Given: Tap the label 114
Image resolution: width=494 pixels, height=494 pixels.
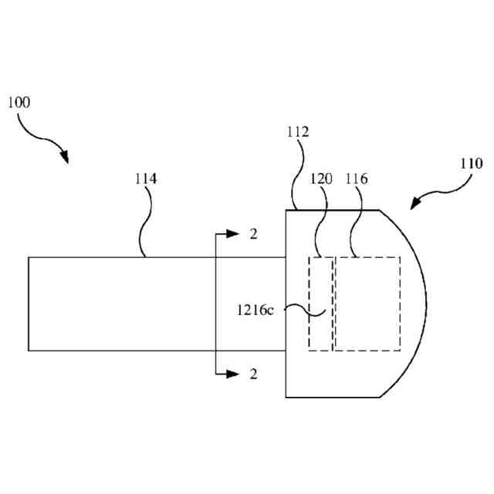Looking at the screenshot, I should coord(145,179).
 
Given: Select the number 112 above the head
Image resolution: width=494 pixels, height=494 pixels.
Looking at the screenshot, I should coord(297,132).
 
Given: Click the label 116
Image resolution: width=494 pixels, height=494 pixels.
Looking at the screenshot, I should coord(356,179).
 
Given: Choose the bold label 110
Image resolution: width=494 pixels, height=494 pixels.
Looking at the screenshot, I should coord(471,164).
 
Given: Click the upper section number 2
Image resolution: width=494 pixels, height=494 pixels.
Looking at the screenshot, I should coord(253,234).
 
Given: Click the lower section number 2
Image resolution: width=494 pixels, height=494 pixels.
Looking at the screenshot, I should coord(253,374).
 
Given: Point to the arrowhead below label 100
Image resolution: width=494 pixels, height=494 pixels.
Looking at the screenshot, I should coord(65,159).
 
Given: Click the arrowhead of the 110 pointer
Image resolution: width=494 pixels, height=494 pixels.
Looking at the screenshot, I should coord(415,205).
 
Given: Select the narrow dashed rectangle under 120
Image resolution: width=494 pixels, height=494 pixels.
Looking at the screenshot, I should coord(320,303).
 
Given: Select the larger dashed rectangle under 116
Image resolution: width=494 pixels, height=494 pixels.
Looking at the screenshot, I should coord(367,303).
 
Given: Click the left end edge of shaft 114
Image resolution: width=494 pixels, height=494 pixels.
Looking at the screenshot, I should coord(29,303).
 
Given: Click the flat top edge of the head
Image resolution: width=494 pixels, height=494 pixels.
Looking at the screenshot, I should coord(332,209).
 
